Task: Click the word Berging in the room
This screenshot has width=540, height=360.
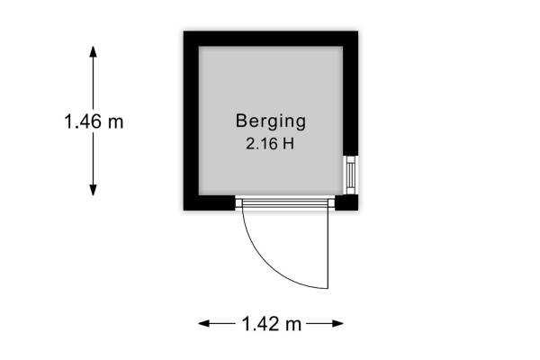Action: coord(271,122)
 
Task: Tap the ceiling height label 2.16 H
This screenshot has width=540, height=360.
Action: coord(270,143)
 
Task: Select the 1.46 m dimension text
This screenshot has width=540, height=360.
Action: coord(94,121)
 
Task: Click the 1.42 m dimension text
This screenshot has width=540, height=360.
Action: coord(272,324)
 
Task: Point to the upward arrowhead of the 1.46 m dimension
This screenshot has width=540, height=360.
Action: coord(93,51)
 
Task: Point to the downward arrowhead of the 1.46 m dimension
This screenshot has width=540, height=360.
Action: coord(93,190)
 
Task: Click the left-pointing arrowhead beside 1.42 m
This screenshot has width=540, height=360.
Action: coord(204,323)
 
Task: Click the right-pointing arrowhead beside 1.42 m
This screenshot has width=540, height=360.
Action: coord(337,323)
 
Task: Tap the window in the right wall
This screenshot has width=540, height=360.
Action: coord(351,175)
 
